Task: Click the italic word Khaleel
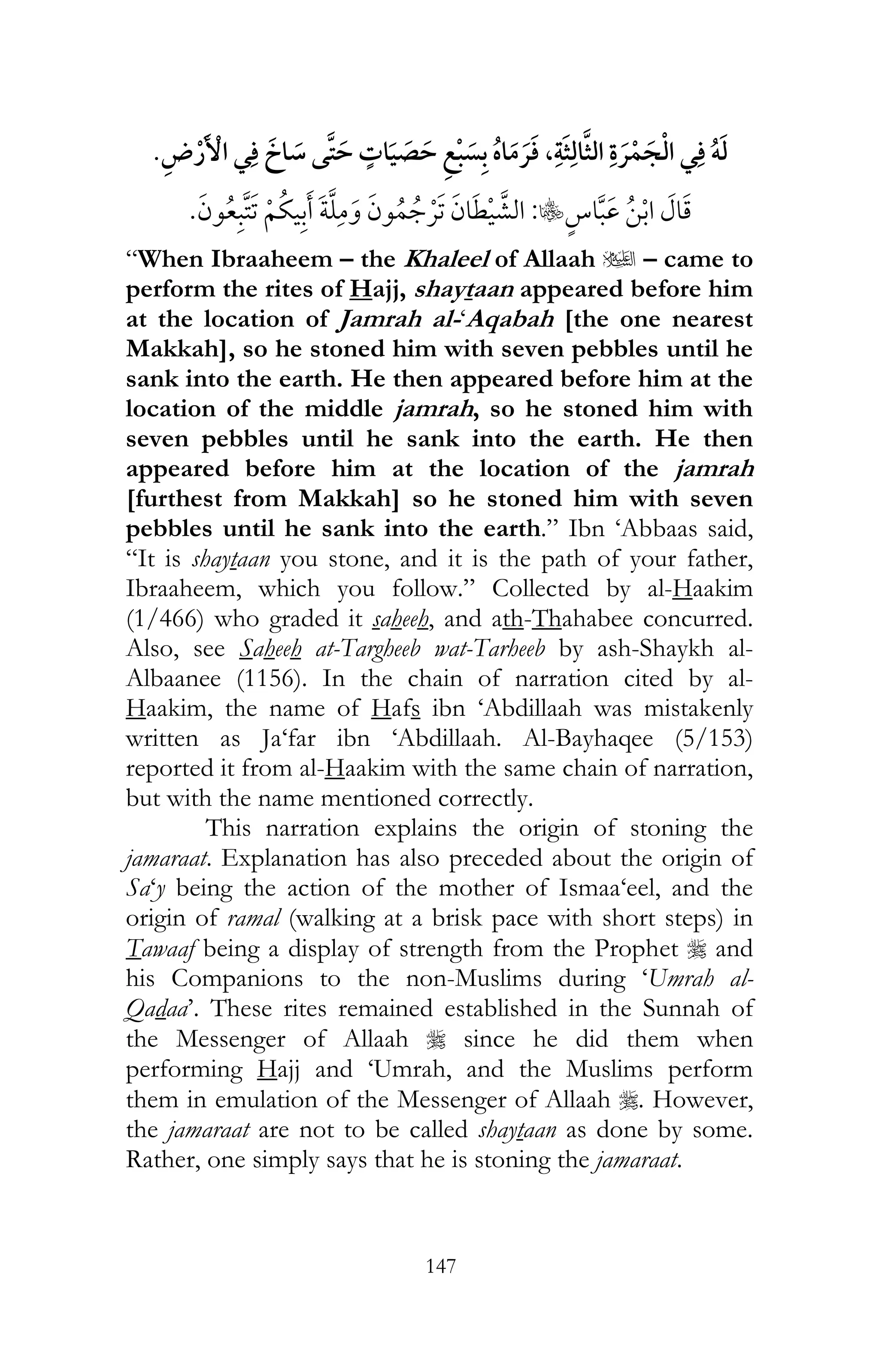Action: click(x=446, y=260)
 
